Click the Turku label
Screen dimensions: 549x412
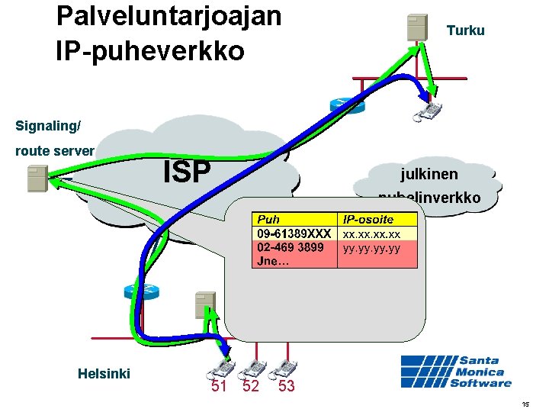pos(465,31)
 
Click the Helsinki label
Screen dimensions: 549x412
pos(104,374)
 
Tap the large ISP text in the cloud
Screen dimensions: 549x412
pos(187,172)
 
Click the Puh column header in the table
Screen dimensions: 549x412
pos(269,220)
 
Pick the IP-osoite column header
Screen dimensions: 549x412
pos(368,220)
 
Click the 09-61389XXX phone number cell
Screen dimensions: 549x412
pos(294,233)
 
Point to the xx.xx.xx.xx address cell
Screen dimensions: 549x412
pos(377,233)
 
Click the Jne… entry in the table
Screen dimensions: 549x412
pos(272,261)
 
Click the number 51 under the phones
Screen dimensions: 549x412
pos(220,387)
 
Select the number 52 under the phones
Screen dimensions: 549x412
pos(251,387)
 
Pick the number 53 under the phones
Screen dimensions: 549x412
pos(287,387)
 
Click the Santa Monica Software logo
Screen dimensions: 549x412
pos(456,372)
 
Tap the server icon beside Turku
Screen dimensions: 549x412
pos(416,27)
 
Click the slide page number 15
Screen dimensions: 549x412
pos(525,404)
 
